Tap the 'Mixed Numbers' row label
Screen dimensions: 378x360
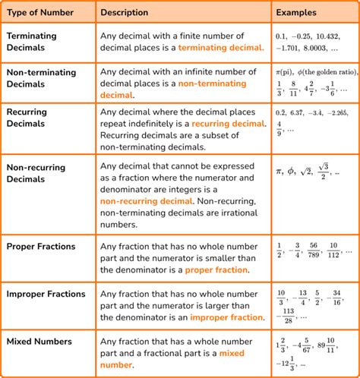tap(39, 340)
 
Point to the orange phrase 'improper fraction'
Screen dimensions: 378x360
tap(226, 317)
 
